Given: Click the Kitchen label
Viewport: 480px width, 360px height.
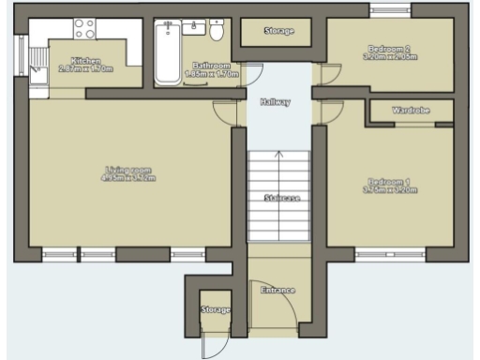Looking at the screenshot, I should [x=85, y=60].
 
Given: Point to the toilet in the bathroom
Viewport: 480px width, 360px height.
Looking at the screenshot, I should [x=217, y=32].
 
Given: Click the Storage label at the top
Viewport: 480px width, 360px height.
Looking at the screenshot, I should [x=278, y=31].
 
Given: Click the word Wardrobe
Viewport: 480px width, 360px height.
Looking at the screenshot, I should [x=411, y=111].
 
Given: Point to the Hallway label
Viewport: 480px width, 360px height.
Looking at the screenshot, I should [x=276, y=101].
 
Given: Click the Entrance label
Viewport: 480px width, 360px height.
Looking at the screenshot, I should [x=277, y=290].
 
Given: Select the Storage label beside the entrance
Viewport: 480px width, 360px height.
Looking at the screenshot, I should [x=216, y=309].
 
